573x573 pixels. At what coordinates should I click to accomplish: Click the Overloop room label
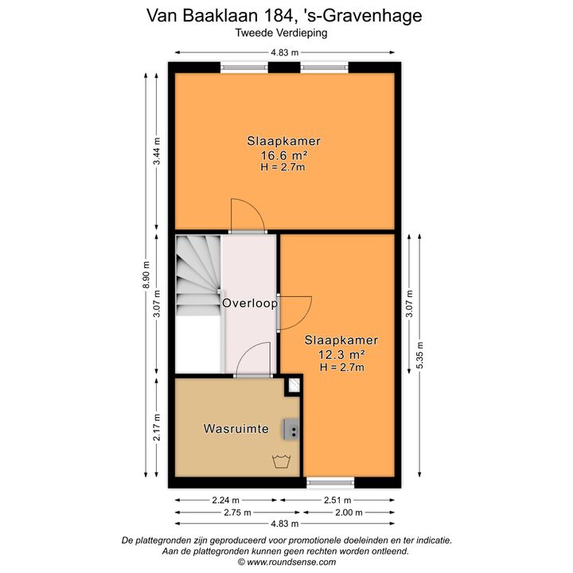pos(250,303)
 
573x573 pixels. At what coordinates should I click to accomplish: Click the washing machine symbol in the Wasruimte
pos(280,461)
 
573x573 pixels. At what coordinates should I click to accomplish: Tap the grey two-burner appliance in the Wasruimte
pos(292,430)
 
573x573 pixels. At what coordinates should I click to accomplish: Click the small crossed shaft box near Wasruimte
pos(294,386)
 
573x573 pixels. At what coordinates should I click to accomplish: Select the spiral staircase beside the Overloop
pos(197,275)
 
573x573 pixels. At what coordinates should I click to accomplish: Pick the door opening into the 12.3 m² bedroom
pos(291,311)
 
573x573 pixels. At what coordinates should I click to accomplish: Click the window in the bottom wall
pos(330,481)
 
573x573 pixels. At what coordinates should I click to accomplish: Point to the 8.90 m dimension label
pos(146,275)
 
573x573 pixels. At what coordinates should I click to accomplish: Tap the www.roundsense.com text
pos(286,561)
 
